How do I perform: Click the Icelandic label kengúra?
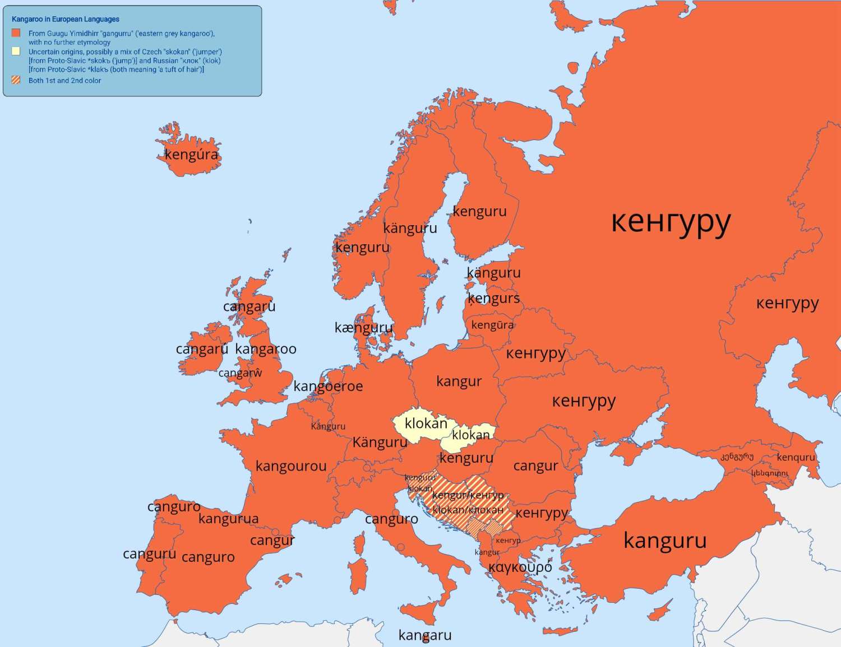(191, 155)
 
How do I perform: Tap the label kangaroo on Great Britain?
(266, 349)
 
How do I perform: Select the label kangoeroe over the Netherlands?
(328, 386)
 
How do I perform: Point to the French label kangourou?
(291, 466)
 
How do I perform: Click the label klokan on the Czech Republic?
(426, 423)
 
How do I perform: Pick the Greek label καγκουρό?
(520, 567)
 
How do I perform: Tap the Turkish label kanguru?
(665, 541)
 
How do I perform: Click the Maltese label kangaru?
(425, 635)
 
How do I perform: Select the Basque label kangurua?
(228, 519)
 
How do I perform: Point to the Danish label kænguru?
(363, 328)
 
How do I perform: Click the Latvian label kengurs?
(493, 299)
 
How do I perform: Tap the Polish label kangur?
(459, 381)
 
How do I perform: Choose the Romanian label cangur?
(535, 466)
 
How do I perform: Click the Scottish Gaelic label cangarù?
(249, 307)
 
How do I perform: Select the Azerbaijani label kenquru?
(796, 457)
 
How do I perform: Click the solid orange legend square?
(16, 33)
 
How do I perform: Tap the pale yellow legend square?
(16, 52)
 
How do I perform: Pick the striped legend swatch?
(16, 80)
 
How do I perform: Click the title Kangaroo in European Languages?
(66, 19)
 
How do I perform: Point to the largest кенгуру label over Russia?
(671, 222)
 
